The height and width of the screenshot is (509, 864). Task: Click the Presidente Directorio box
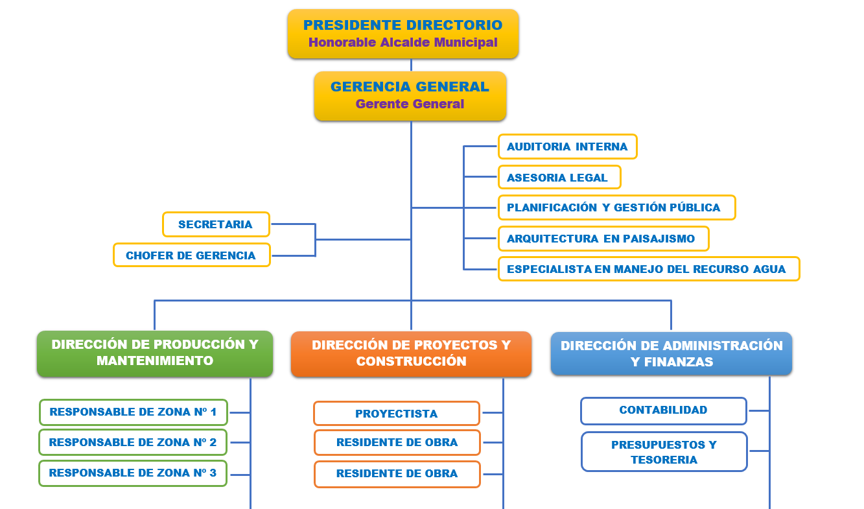click(403, 34)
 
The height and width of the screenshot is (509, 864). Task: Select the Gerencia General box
click(410, 96)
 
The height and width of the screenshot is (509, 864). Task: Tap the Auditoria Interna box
click(567, 147)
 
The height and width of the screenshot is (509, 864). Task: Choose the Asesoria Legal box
click(559, 177)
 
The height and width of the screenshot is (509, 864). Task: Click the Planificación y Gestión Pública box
click(617, 207)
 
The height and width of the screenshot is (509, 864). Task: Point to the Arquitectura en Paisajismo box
click(603, 239)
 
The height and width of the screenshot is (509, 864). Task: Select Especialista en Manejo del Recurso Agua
click(649, 269)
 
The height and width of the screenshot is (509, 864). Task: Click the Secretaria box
click(216, 224)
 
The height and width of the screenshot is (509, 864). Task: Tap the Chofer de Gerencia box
click(192, 255)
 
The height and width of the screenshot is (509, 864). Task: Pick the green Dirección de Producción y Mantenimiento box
click(155, 353)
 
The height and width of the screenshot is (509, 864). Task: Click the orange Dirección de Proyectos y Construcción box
click(411, 354)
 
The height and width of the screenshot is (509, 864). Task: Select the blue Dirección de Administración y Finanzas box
click(671, 353)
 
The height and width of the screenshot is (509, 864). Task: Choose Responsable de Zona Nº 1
click(134, 412)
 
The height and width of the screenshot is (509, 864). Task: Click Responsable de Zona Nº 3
click(133, 473)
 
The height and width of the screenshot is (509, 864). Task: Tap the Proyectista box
click(397, 414)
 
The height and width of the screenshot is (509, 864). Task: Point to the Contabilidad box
click(664, 410)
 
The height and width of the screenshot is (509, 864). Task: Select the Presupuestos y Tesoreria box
click(664, 452)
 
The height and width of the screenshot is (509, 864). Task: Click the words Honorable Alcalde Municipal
click(403, 42)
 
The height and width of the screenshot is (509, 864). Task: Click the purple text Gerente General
click(410, 104)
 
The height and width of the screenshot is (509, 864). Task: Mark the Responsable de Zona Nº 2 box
click(133, 442)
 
